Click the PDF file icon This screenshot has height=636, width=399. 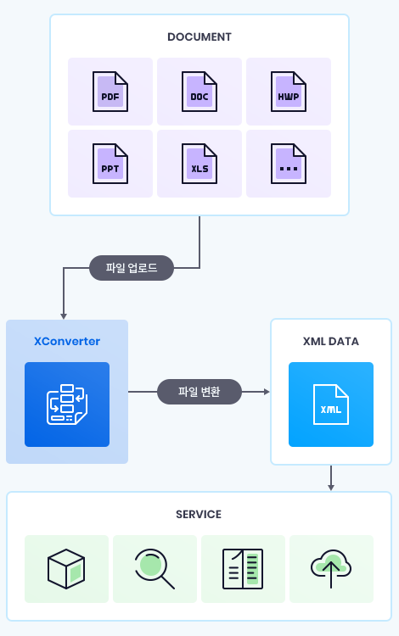(x=110, y=92)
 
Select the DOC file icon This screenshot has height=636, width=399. (x=199, y=92)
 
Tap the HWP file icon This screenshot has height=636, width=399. (x=289, y=92)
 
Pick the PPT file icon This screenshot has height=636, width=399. (x=110, y=164)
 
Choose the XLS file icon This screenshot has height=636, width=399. (x=199, y=164)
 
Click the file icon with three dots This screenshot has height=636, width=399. (x=289, y=164)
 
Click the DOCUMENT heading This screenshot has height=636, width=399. (x=199, y=37)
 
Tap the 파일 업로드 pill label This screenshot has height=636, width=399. (x=132, y=268)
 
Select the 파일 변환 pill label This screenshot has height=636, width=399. (x=199, y=392)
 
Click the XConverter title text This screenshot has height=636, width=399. (x=67, y=341)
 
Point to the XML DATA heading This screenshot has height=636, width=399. (x=331, y=342)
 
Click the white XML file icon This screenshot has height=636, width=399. (x=331, y=404)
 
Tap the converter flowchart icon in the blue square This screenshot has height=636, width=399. (x=67, y=404)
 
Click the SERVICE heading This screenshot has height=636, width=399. (x=199, y=515)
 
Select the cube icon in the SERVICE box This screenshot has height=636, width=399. (x=66, y=569)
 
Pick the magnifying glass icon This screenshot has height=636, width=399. (x=155, y=569)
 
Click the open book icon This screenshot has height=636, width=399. (x=243, y=569)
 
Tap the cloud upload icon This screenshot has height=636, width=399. (x=331, y=569)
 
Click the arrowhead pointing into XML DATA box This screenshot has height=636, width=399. (x=267, y=392)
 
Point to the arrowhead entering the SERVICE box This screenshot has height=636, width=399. (x=331, y=488)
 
